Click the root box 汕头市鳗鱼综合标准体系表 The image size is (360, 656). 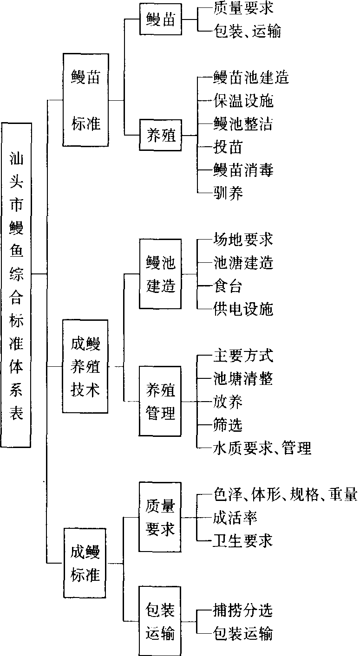pyautogui.click(x=17, y=285)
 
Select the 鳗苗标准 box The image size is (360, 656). pyautogui.click(x=86, y=99)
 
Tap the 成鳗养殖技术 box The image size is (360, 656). pyautogui.click(x=85, y=366)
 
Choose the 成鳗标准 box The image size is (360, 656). pyautogui.click(x=85, y=563)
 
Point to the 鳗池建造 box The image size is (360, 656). pyautogui.click(x=161, y=274)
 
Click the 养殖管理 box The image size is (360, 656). pyautogui.click(x=161, y=401)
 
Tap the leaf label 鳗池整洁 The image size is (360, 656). pyautogui.click(x=242, y=123)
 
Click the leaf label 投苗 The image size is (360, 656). pyautogui.click(x=228, y=147)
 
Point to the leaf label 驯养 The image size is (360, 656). pyautogui.click(x=228, y=192)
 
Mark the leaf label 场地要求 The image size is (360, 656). pyautogui.click(x=242, y=240)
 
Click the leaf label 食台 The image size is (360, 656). pyautogui.click(x=228, y=286)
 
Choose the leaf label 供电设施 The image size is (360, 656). pyautogui.click(x=242, y=309)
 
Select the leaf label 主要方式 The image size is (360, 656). pyautogui.click(x=242, y=356)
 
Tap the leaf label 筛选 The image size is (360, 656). pyautogui.click(x=228, y=425)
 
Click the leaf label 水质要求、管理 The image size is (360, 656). pyautogui.click(x=262, y=448)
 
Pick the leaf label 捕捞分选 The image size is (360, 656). pyautogui.click(x=242, y=611)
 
